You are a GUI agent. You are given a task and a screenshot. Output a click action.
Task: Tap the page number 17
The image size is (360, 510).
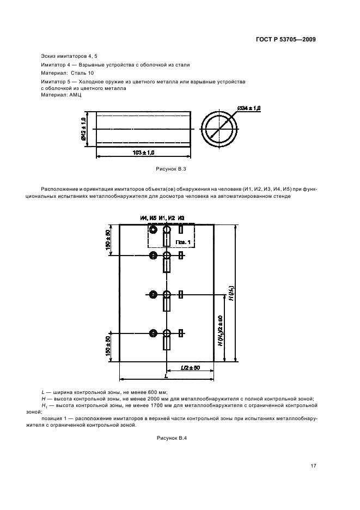click(313, 465)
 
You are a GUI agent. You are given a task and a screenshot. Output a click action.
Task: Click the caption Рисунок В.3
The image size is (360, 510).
click(171, 171)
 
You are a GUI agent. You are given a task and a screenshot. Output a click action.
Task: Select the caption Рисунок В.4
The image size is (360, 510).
click(172, 438)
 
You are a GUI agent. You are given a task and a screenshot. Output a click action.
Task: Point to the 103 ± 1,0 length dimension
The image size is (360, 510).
click(144, 152)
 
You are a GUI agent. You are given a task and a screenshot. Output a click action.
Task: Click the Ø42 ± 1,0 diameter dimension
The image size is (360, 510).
click(83, 129)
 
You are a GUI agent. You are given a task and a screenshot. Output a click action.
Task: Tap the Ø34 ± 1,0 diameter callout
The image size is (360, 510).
click(249, 109)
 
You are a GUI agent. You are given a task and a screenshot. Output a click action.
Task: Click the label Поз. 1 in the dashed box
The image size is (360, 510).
click(183, 241)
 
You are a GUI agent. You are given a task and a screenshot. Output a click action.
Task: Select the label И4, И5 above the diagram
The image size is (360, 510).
click(148, 218)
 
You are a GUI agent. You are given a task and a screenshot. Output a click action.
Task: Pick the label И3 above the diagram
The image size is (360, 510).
click(181, 218)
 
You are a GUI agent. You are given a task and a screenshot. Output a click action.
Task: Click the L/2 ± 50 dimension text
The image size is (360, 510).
click(190, 368)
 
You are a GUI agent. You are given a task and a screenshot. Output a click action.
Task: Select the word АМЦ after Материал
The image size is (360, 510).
click(75, 94)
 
